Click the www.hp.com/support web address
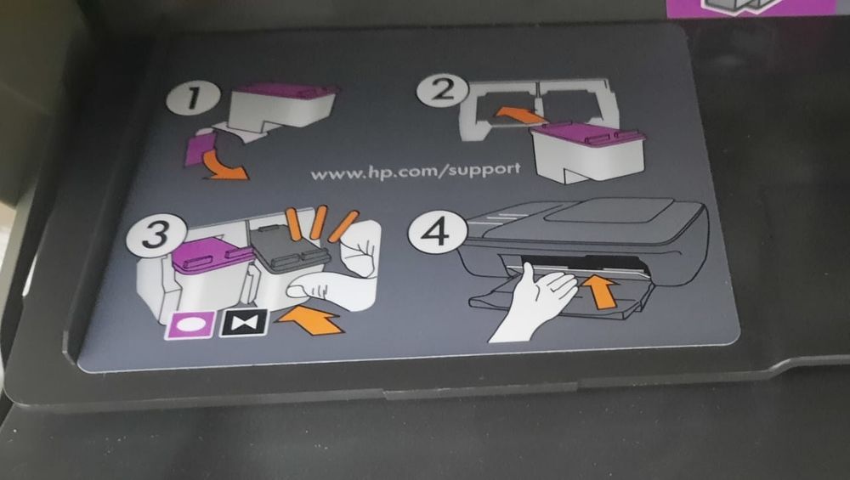(415, 171)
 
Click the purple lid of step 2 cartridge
(586, 133)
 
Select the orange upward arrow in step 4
(602, 291)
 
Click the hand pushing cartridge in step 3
(344, 272)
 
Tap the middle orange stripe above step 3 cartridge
(319, 223)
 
